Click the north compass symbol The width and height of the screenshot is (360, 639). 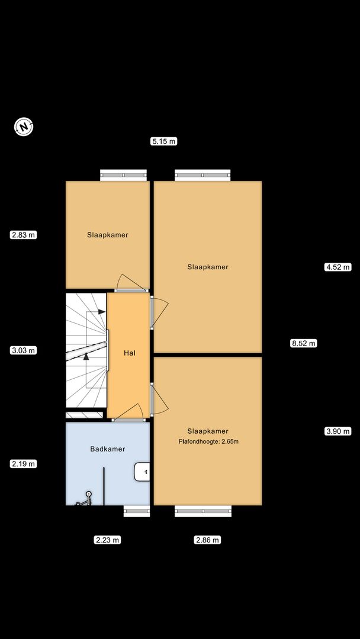click(x=24, y=127)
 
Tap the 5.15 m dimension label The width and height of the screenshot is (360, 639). click(x=164, y=141)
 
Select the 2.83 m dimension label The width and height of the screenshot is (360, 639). click(x=24, y=235)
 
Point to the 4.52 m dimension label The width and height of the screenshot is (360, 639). click(x=338, y=267)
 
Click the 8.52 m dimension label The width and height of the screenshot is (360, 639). click(x=303, y=343)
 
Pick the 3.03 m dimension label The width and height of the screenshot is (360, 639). click(x=24, y=350)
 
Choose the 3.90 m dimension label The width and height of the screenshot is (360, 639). click(x=338, y=431)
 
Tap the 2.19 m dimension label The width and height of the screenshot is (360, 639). click(x=24, y=463)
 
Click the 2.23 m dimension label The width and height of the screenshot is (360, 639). click(x=108, y=540)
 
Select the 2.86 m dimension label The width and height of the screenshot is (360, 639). click(x=207, y=540)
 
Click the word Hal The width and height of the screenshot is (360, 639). click(x=130, y=353)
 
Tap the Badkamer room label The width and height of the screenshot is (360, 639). click(x=108, y=449)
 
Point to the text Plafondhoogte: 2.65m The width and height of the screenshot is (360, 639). click(x=208, y=441)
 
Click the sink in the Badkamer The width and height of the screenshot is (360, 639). click(x=142, y=472)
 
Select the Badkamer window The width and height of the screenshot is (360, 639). click(x=137, y=511)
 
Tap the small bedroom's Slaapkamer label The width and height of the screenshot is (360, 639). click(x=108, y=235)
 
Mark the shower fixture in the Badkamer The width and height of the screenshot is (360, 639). click(x=85, y=499)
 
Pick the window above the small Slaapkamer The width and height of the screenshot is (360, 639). click(x=124, y=175)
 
